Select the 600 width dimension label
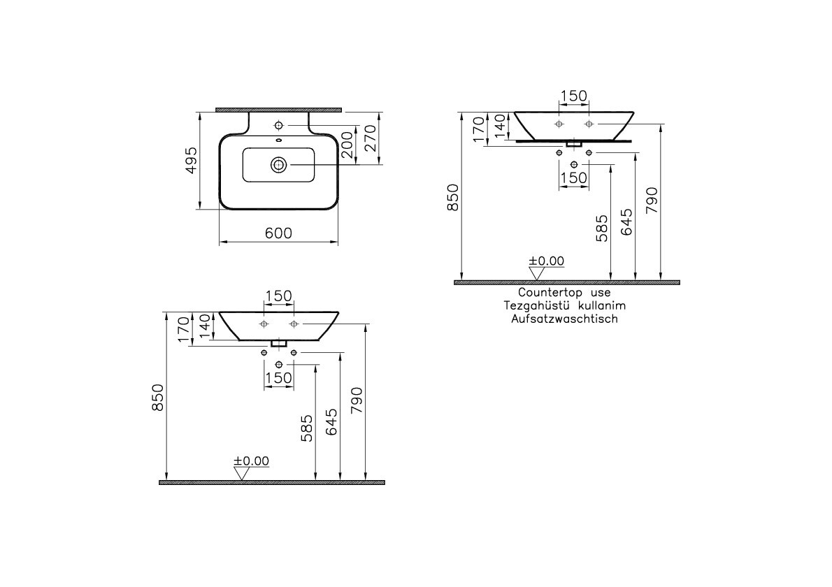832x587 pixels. [x=278, y=233]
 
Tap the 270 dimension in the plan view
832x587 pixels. [x=371, y=138]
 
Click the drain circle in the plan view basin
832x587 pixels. [x=278, y=165]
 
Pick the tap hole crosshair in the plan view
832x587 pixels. [x=279, y=126]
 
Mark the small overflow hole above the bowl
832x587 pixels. [x=278, y=142]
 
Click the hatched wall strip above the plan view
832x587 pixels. [x=278, y=110]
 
